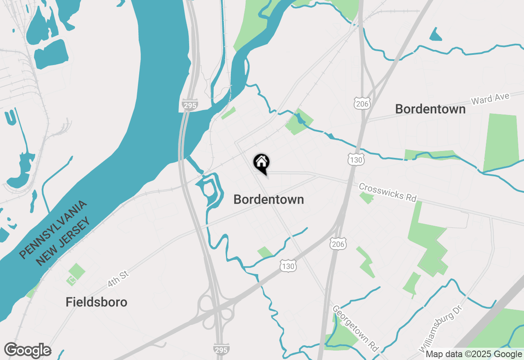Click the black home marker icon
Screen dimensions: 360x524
pyautogui.click(x=261, y=163)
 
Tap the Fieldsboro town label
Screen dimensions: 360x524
pyautogui.click(x=96, y=302)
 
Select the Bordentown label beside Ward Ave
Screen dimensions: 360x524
pyautogui.click(x=430, y=109)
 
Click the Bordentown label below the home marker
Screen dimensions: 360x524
pyautogui.click(x=269, y=199)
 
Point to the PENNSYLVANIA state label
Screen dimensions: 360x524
pyautogui.click(x=53, y=229)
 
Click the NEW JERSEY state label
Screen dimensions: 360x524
pyautogui.click(x=62, y=242)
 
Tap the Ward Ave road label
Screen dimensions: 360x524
pyautogui.click(x=490, y=99)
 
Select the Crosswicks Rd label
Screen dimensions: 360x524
pyautogui.click(x=387, y=192)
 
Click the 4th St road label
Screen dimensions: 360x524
pyautogui.click(x=118, y=278)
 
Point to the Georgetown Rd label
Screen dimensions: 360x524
pyautogui.click(x=355, y=328)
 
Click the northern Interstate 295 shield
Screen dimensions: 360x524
pyautogui.click(x=189, y=105)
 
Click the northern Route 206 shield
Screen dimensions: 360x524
pyautogui.click(x=362, y=103)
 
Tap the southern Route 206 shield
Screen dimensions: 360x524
pyautogui.click(x=339, y=244)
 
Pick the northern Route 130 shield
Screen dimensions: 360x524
pyautogui.click(x=356, y=160)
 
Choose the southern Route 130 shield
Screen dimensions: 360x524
pyautogui.click(x=288, y=266)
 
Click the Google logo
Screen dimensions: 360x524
pyautogui.click(x=27, y=350)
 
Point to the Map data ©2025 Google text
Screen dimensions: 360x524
pyautogui.click(x=474, y=354)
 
